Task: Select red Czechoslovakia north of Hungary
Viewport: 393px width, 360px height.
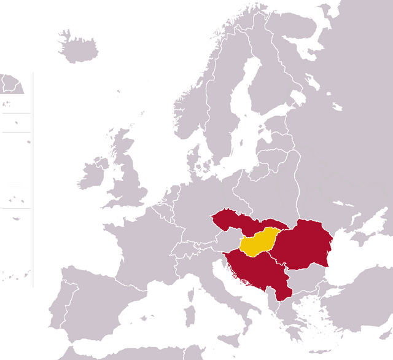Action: click(x=236, y=223)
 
